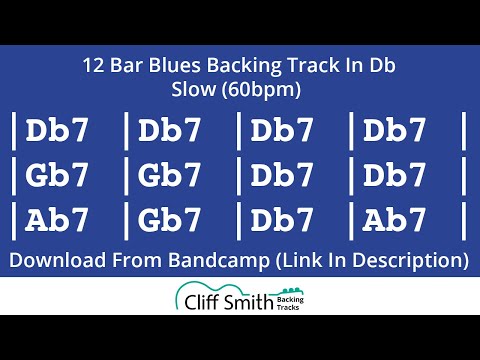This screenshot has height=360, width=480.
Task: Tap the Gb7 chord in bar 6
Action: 171,176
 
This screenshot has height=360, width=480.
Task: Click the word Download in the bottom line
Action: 54,262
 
